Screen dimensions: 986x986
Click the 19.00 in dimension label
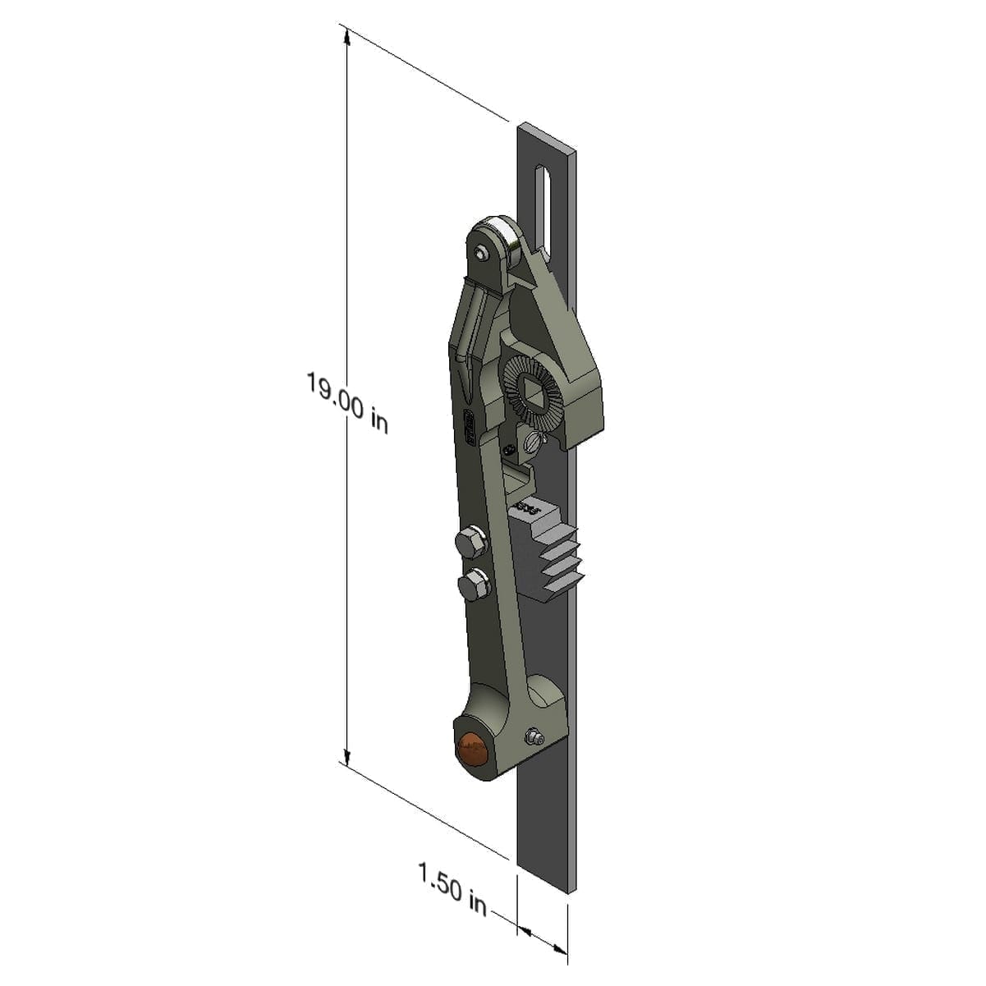tap(346, 402)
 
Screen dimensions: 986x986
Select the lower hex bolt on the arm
tap(472, 586)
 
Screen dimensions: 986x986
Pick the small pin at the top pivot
tap(479, 254)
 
